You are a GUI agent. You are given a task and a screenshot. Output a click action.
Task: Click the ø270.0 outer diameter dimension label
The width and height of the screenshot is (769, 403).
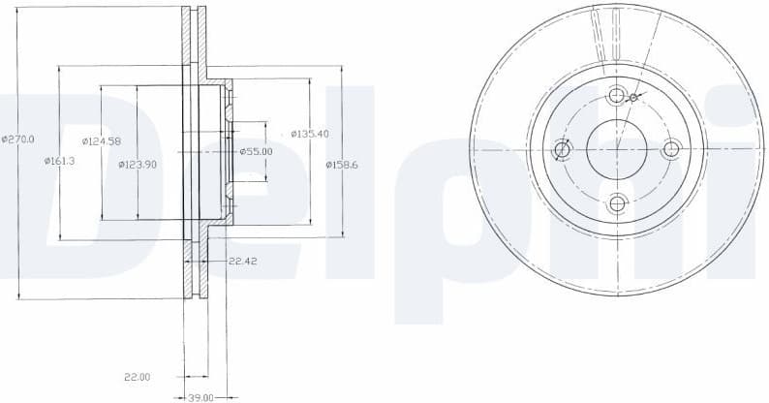click(x=18, y=139)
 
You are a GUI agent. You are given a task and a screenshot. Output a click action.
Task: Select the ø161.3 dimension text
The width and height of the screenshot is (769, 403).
click(x=59, y=161)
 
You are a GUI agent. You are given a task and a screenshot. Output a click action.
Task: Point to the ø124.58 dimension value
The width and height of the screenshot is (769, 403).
click(x=101, y=141)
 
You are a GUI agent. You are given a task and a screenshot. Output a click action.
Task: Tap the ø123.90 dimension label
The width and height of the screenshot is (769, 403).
click(x=138, y=165)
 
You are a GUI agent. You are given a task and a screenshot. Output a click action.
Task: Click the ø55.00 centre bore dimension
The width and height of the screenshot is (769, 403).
click(x=256, y=151)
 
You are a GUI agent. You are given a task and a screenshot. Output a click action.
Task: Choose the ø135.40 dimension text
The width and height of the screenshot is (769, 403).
click(x=310, y=134)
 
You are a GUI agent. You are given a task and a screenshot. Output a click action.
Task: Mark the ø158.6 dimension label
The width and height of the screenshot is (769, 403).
click(x=342, y=165)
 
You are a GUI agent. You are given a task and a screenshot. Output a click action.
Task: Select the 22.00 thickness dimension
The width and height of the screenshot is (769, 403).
click(x=138, y=376)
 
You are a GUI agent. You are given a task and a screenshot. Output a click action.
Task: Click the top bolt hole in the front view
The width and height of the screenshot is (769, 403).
click(x=616, y=96)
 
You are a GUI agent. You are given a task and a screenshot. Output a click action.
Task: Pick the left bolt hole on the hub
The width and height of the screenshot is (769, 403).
click(x=562, y=150)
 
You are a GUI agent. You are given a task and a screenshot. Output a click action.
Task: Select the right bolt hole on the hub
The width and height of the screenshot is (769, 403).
click(x=670, y=149)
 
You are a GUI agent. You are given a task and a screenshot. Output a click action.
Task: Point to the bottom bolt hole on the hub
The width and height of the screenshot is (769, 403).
click(x=616, y=203)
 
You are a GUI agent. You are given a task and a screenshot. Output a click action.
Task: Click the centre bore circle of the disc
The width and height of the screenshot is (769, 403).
click(x=616, y=149)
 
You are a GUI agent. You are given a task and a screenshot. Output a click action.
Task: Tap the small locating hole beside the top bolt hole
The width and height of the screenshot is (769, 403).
click(x=633, y=98)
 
